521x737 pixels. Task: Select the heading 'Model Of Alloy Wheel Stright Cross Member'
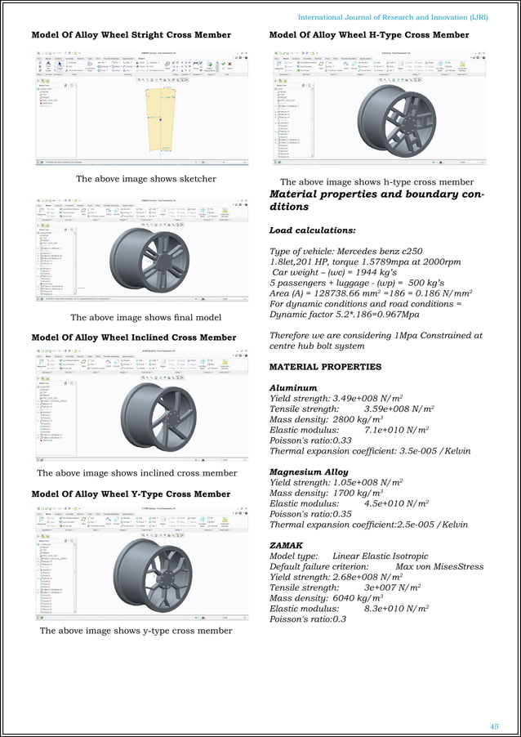click(131, 35)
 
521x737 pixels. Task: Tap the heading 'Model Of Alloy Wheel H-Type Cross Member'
click(369, 35)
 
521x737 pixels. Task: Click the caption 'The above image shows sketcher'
click(145, 179)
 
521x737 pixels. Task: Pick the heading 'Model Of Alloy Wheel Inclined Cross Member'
click(133, 337)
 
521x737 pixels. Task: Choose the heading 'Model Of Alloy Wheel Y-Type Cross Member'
click(131, 494)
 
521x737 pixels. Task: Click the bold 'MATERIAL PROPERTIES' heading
click(325, 367)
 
